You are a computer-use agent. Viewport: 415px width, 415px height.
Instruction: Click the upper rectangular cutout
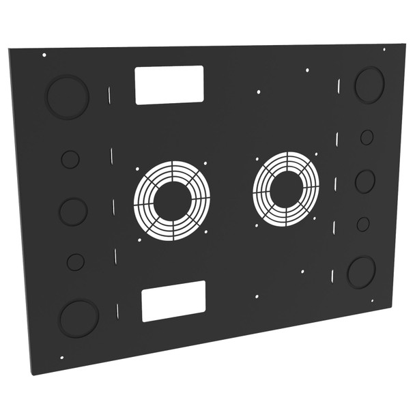169,85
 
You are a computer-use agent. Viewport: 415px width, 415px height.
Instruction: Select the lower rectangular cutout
173,300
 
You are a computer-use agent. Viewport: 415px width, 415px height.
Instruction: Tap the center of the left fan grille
172,201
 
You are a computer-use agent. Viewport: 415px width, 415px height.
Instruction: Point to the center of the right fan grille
285,188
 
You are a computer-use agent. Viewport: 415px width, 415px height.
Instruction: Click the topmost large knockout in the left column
68,97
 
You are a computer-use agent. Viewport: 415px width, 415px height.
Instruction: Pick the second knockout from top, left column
70,159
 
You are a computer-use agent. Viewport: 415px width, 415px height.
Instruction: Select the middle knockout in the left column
73,212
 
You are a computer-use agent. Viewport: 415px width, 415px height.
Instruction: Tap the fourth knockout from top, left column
76,261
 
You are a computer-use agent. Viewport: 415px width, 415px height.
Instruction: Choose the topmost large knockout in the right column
369,85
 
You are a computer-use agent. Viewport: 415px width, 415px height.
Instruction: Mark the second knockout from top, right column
367,137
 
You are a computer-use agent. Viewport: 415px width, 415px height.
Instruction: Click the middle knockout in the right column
365,182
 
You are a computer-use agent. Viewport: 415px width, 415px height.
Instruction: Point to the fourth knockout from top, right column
363,224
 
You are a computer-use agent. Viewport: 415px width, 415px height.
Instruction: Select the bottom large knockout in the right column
361,272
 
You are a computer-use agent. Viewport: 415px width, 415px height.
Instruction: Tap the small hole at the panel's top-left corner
44,55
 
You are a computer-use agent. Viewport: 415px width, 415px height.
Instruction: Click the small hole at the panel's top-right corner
384,49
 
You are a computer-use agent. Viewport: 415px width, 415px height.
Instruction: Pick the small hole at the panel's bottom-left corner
62,357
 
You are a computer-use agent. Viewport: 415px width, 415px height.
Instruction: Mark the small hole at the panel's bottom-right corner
372,301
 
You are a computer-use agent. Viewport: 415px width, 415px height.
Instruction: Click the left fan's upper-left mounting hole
137,170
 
